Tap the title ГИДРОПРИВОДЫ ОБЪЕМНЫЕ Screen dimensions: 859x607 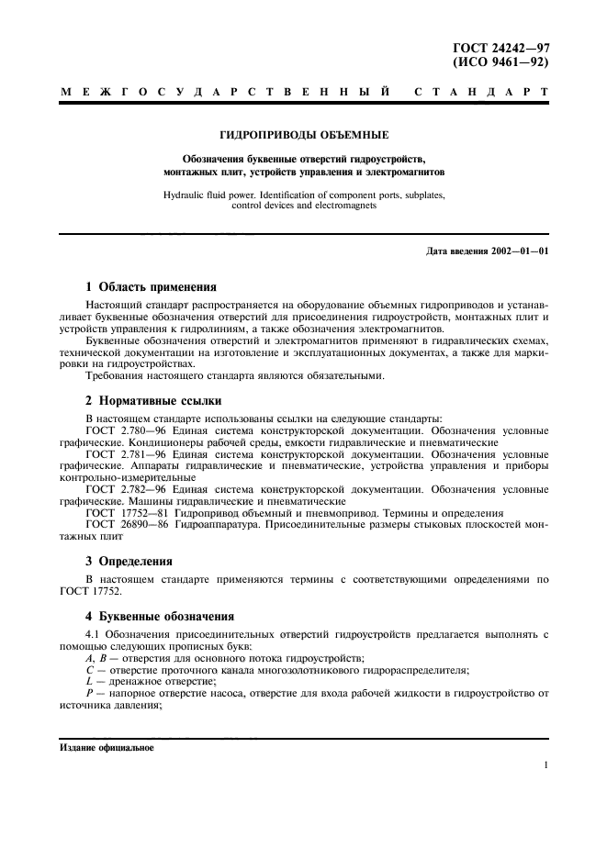coord(304,133)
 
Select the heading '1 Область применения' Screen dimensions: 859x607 coord(151,286)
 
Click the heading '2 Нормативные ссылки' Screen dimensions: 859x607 coord(152,401)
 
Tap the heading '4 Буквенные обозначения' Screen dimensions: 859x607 coord(160,616)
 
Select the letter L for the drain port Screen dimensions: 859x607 coord(88,682)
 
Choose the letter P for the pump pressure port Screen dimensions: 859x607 coord(88,694)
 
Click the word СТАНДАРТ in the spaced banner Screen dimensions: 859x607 coord(482,93)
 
